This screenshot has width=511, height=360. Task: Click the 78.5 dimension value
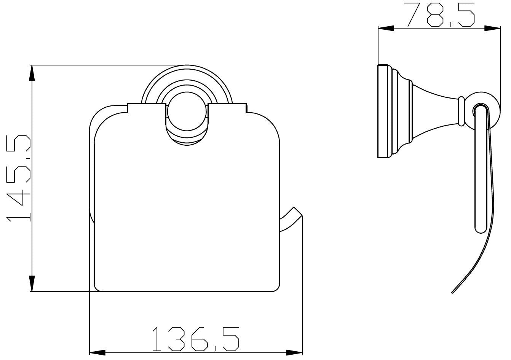coord(441,15)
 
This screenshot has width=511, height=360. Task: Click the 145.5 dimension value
coord(18,178)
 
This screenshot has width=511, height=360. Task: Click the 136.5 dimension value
coord(195,342)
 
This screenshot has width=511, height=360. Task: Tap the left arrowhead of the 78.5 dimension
coord(386,28)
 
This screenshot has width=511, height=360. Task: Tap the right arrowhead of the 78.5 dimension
coord(492,28)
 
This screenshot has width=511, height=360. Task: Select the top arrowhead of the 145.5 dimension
coord(32,73)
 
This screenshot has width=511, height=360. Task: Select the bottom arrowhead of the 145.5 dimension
coord(32,284)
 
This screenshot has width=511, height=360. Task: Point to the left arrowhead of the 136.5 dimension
coord(97,352)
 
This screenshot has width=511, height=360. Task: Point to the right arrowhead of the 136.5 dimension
coord(294,352)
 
